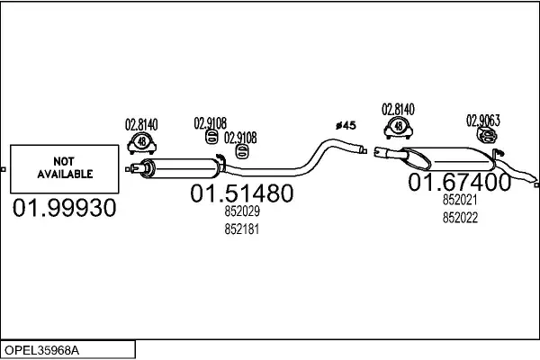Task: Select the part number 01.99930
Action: [x=64, y=211]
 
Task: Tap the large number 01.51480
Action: [x=240, y=194]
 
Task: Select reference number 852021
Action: [x=460, y=202]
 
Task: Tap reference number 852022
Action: [x=460, y=218]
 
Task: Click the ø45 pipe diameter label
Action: [x=346, y=125]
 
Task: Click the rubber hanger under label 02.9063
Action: [x=485, y=135]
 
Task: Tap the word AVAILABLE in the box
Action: [x=64, y=169]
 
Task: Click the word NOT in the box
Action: [x=64, y=155]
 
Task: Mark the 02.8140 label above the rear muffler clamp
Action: [x=398, y=109]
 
